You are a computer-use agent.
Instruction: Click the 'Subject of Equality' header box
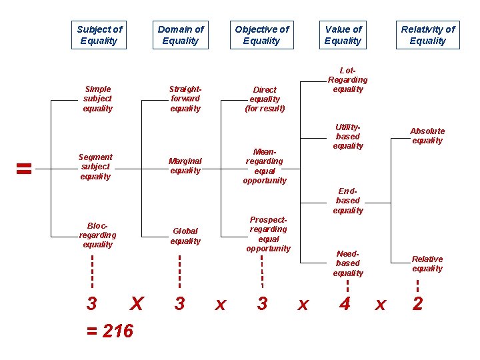click(99, 35)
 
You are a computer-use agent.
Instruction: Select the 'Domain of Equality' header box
click(181, 35)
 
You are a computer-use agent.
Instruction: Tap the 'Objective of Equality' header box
click(261, 35)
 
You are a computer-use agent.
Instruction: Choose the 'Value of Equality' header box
click(343, 35)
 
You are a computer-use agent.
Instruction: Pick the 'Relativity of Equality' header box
click(427, 35)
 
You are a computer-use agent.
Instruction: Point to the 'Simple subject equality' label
click(98, 99)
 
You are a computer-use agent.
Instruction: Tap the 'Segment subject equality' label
click(96, 167)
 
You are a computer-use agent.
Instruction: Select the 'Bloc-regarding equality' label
click(97, 235)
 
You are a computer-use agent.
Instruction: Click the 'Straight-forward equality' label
click(185, 99)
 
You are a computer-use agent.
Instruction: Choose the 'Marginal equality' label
click(185, 165)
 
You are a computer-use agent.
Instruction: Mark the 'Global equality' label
click(185, 236)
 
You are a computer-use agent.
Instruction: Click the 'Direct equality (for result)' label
click(265, 99)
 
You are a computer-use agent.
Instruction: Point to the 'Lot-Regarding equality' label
click(347, 79)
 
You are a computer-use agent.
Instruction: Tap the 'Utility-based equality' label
click(348, 136)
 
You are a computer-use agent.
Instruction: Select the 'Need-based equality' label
click(348, 263)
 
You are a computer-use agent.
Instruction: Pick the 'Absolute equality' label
click(427, 136)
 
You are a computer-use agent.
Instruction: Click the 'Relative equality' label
click(427, 264)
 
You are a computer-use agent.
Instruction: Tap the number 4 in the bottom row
click(345, 304)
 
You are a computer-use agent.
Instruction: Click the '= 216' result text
click(110, 331)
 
